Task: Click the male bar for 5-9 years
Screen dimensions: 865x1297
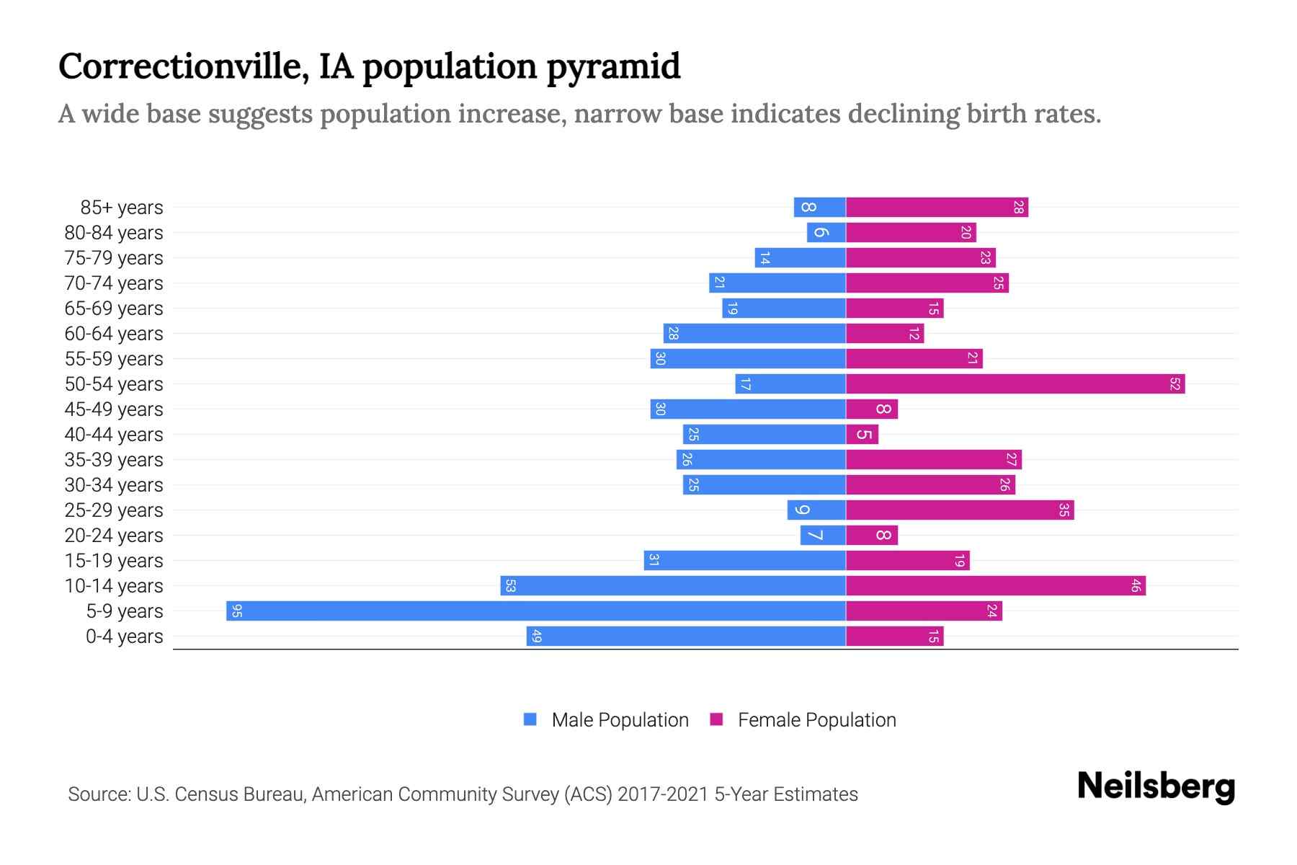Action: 535,611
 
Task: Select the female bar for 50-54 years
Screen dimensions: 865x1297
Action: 1015,383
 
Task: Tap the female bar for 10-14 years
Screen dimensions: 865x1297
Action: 996,585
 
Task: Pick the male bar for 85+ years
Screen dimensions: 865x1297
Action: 819,207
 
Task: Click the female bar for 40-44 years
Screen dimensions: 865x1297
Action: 862,434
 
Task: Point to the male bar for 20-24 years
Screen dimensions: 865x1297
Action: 823,535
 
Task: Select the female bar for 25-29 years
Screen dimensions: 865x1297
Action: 960,510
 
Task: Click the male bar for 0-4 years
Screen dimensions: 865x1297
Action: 686,636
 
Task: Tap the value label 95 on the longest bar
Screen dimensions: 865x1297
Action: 237,611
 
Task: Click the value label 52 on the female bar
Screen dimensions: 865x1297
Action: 1175,384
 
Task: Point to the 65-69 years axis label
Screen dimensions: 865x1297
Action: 114,309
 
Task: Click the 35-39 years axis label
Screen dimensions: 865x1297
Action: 114,460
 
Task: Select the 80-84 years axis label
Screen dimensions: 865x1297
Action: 114,233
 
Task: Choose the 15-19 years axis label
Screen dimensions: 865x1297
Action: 114,561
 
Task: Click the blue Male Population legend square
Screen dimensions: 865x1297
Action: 530,719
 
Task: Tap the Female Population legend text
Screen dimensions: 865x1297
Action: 816,720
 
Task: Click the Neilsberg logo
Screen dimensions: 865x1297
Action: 1156,786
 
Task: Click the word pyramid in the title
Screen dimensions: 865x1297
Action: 612,68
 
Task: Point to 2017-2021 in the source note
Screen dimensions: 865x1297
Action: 663,794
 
